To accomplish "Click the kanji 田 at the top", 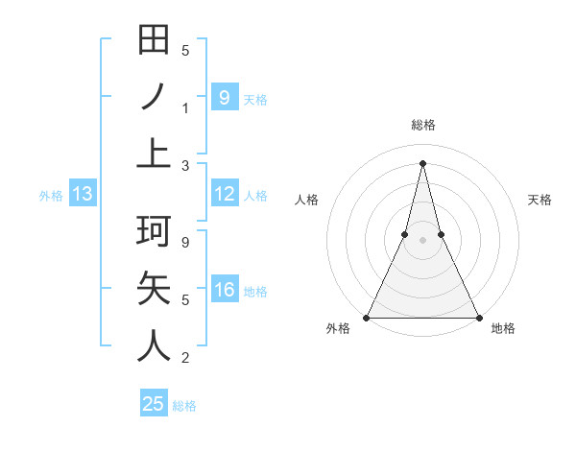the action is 155,40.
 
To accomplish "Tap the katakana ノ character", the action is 155,98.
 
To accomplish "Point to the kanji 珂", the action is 155,231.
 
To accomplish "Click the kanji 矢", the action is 155,289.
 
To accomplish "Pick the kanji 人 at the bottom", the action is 155,345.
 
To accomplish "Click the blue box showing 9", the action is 224,97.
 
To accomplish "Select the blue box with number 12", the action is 224,195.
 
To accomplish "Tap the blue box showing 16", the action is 224,290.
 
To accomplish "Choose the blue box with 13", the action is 82,195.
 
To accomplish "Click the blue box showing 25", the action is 154,404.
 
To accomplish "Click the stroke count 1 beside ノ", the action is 185,107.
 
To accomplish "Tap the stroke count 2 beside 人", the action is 185,358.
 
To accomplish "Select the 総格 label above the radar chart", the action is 422,125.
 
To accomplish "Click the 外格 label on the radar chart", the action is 338,329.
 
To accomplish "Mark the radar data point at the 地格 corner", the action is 478,317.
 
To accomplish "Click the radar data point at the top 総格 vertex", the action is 422,163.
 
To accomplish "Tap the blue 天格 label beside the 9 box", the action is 255,99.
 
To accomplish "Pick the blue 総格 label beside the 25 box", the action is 184,406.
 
